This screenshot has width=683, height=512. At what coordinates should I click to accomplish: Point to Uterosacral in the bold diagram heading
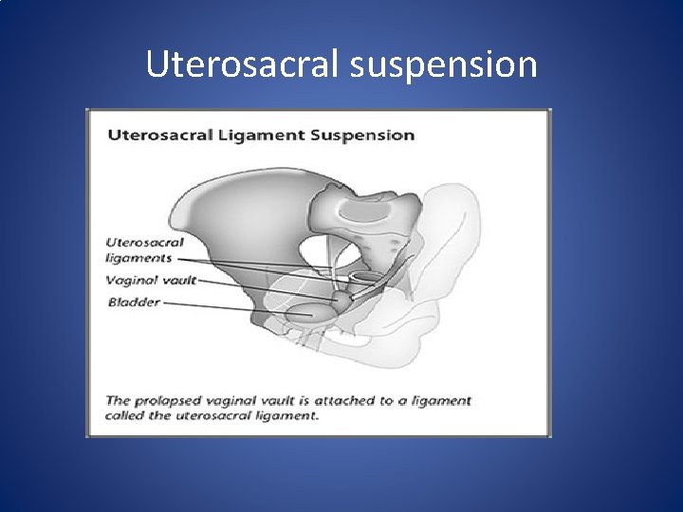168,135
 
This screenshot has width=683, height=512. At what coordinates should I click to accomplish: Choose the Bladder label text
133,302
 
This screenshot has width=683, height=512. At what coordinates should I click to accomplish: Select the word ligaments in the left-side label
139,258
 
